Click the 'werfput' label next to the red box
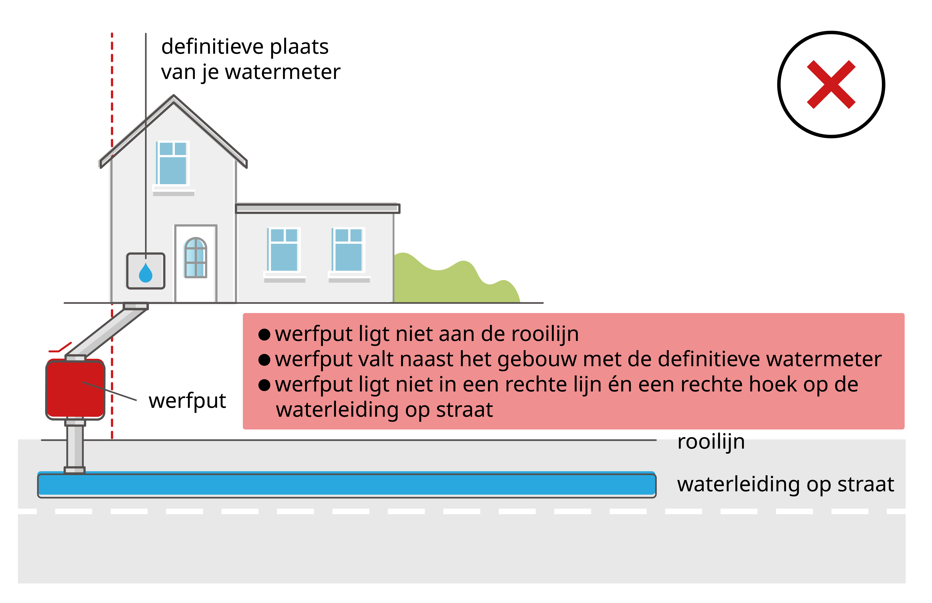point(187,401)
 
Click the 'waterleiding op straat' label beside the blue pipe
point(785,484)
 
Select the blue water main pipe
point(347,485)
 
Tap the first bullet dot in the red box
point(264,335)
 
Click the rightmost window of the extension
point(348,250)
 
